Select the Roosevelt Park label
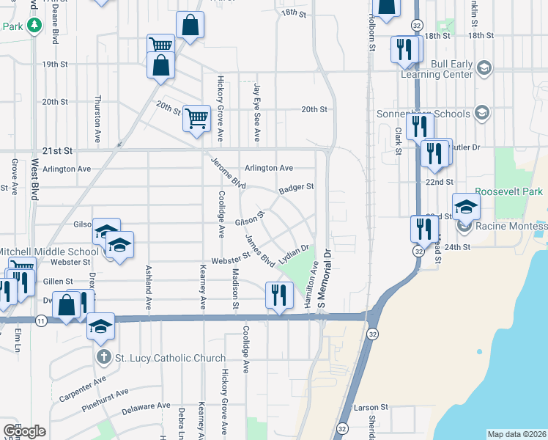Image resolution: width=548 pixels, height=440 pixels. coord(508,191)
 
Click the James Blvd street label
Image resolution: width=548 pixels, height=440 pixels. coord(260,251)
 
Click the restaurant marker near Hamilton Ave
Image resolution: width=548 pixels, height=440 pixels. coord(278,296)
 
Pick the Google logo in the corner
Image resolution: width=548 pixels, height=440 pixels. coord(24,431)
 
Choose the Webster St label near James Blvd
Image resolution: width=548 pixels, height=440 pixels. coord(231,259)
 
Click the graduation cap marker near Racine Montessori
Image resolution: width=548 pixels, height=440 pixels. coord(465,208)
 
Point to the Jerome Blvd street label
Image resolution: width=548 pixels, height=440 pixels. coord(228,173)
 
